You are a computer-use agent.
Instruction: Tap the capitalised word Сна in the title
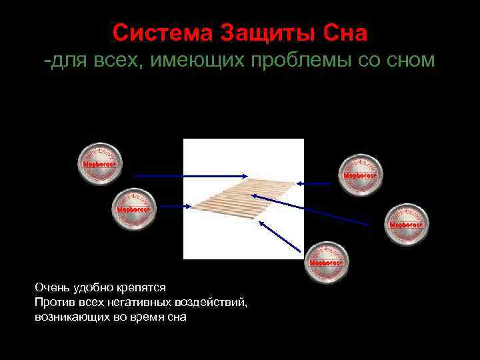click(345, 32)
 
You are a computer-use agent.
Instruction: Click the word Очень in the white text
click(51, 287)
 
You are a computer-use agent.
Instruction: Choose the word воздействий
click(212, 303)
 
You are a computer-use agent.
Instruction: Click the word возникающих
click(71, 317)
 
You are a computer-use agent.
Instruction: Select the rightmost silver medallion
click(407, 225)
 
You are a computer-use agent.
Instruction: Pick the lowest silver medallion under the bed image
click(327, 262)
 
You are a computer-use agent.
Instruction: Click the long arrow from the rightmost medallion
click(320, 211)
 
